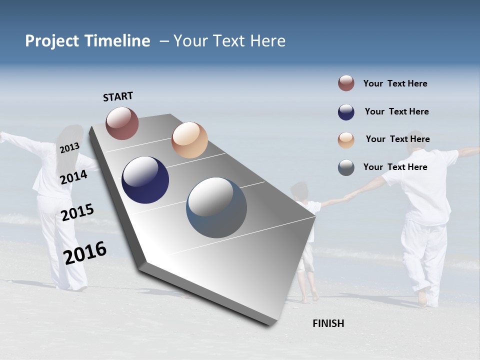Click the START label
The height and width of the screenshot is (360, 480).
118,96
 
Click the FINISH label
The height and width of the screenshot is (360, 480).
328,323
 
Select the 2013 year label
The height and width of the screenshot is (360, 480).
69,147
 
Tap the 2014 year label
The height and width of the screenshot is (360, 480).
73,177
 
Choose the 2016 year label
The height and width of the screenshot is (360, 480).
85,253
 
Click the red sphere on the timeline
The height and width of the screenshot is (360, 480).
122,123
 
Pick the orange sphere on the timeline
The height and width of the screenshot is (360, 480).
189,139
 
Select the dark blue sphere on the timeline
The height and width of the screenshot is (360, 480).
145,180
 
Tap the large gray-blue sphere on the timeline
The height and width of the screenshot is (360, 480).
216,207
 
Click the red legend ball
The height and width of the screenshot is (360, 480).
346,83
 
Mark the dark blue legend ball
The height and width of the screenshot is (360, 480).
346,112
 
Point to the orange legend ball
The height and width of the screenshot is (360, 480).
346,140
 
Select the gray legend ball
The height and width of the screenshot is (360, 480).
346,167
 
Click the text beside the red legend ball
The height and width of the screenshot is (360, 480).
395,84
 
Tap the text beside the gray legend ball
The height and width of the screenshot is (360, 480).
395,167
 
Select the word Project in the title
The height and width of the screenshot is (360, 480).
52,41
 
